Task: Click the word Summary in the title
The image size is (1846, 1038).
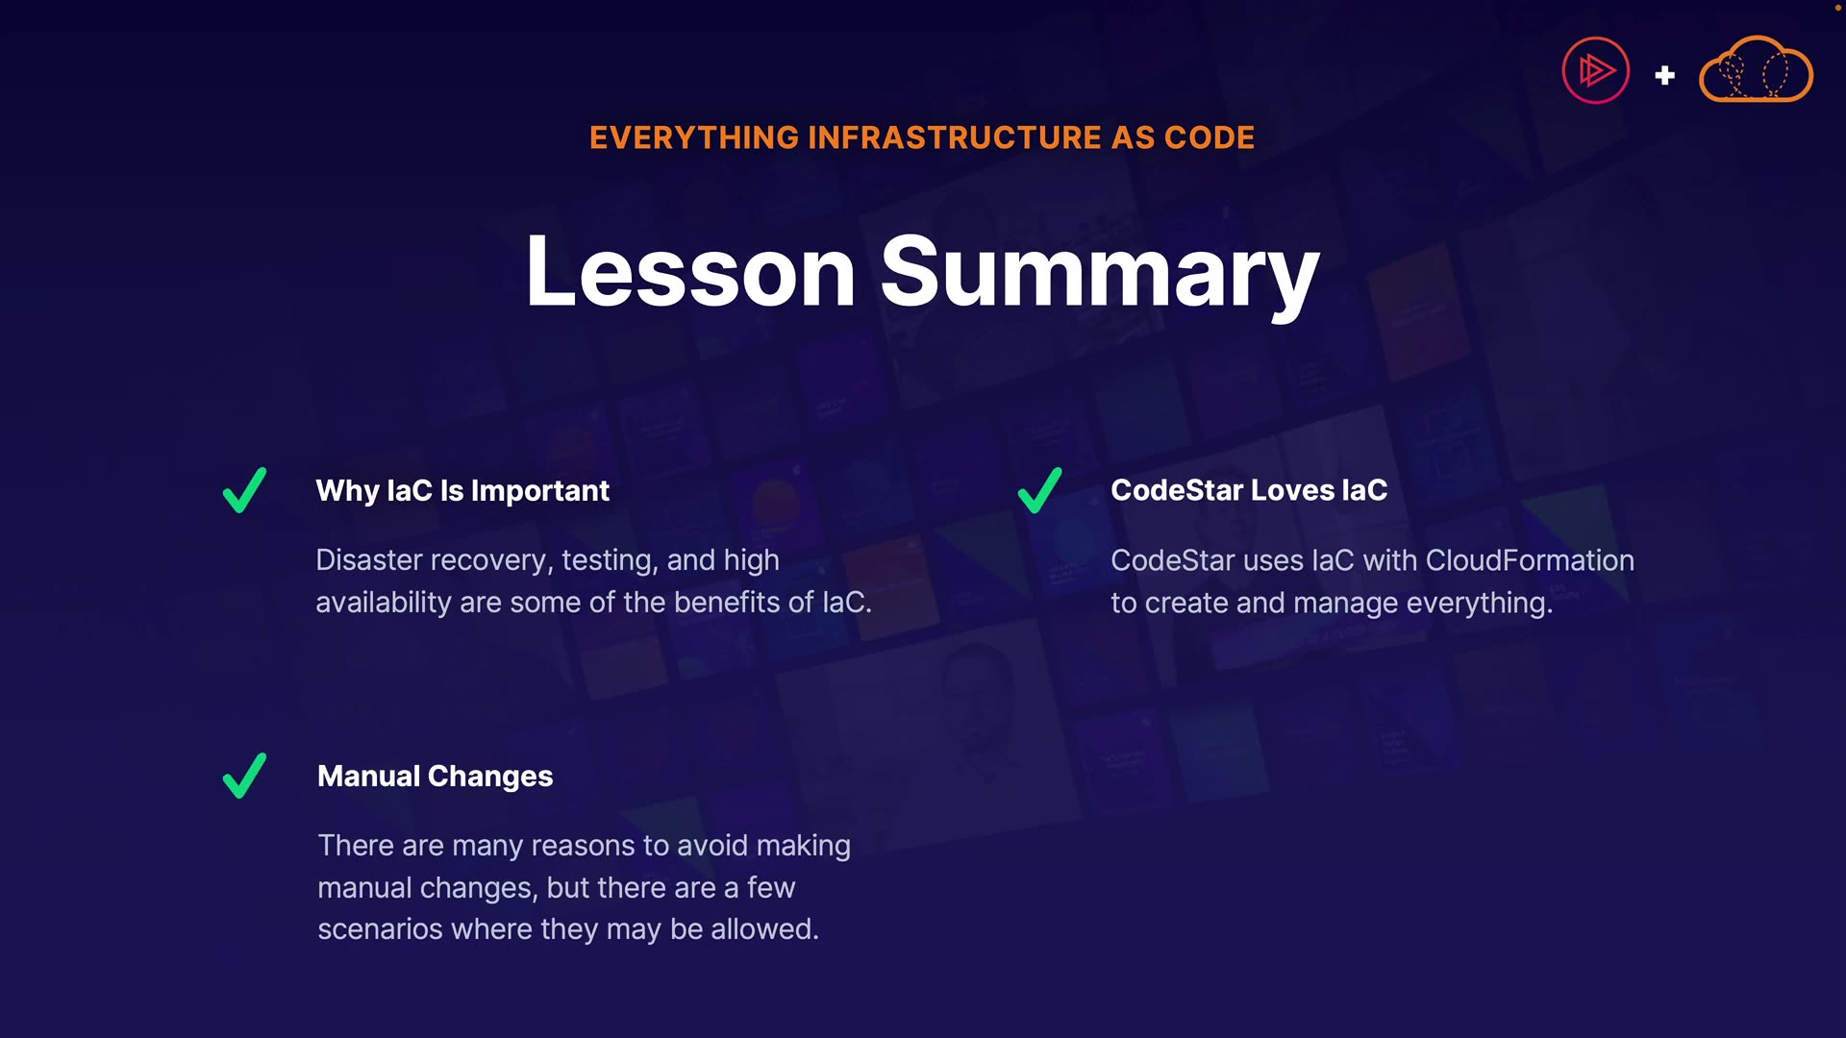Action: (x=1100, y=277)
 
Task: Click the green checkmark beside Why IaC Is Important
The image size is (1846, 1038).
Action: (x=244, y=490)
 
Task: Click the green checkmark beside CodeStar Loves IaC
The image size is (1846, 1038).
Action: (x=1039, y=490)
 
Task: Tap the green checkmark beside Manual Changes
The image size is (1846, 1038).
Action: (x=244, y=776)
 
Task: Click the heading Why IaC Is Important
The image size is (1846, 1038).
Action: (x=462, y=491)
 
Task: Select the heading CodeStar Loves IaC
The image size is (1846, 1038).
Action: (x=1249, y=490)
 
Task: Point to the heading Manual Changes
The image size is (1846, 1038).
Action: (x=436, y=777)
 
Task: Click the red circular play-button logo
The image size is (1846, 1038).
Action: (x=1596, y=70)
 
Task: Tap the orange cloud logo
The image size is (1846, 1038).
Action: (x=1756, y=69)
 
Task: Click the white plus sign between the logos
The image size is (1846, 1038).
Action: (x=1665, y=75)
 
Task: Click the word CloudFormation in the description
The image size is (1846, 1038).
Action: (x=1530, y=560)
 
